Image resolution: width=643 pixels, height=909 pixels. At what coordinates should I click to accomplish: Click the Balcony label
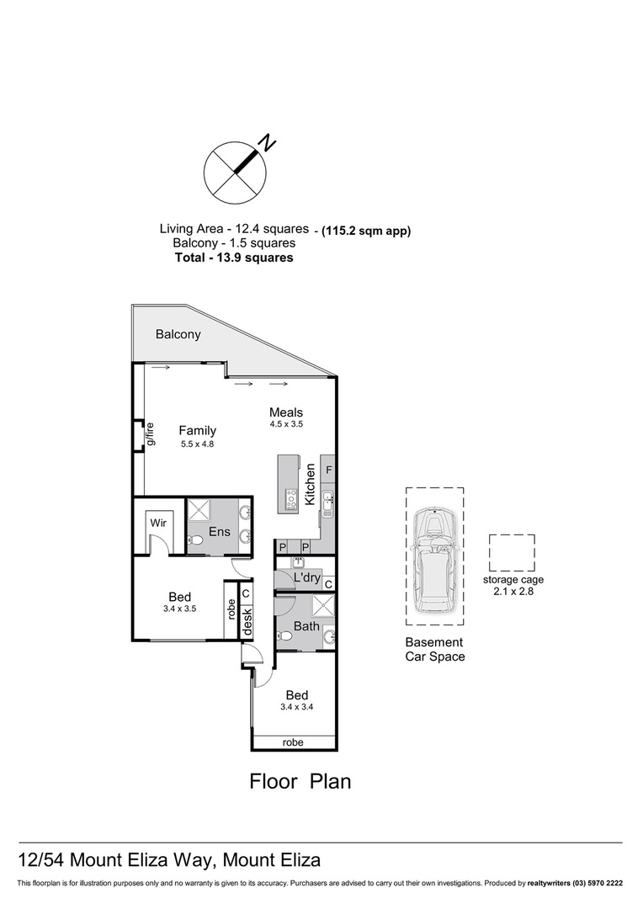(x=178, y=334)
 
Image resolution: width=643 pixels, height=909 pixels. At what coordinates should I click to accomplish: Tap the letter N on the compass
(x=267, y=142)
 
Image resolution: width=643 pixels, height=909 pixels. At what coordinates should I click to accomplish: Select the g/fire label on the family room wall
(x=150, y=434)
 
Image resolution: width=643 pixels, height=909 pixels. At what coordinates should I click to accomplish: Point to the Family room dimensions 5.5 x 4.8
(x=197, y=444)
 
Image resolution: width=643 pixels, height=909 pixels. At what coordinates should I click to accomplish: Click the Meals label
(x=286, y=412)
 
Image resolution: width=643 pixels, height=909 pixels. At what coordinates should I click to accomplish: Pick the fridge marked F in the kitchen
(x=328, y=470)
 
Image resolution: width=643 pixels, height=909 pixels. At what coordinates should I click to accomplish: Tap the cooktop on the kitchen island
(x=291, y=497)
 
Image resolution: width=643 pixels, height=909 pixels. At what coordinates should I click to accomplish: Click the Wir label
(x=158, y=523)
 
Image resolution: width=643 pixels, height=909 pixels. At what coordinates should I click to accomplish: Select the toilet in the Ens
(x=195, y=541)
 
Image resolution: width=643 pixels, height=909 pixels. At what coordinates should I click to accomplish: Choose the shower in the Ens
(x=199, y=511)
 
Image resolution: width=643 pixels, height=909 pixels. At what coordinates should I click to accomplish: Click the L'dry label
(x=306, y=577)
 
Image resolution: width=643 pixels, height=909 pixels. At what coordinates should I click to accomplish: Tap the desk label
(x=247, y=621)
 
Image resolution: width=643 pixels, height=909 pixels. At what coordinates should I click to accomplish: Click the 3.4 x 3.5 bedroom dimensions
(x=180, y=609)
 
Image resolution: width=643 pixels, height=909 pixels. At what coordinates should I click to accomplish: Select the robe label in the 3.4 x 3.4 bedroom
(x=293, y=742)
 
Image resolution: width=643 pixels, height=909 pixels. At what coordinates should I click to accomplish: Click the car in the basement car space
(x=435, y=560)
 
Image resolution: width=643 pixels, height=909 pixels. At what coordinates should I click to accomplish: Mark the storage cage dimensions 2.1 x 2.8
(x=513, y=592)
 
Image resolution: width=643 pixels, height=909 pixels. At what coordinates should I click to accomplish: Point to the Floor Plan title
(x=300, y=781)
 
